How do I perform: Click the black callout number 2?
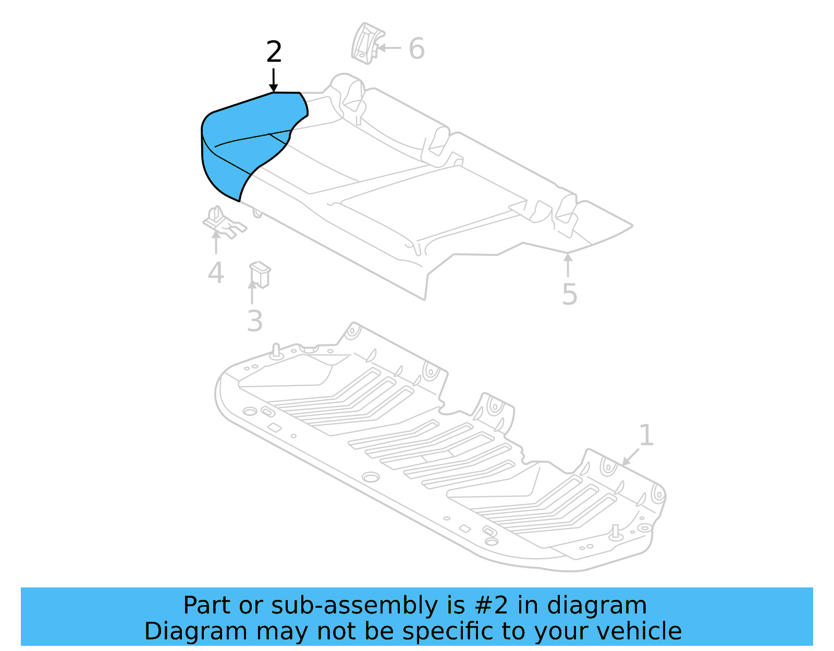click(274, 52)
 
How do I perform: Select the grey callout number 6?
click(416, 48)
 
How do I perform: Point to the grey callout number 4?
click(216, 273)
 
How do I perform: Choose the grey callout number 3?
click(254, 321)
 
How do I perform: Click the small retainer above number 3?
click(260, 274)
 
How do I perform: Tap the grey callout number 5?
click(570, 294)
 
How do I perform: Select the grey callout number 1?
click(646, 435)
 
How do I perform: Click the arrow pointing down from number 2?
click(273, 80)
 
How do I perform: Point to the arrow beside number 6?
click(389, 48)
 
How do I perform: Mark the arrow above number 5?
click(568, 265)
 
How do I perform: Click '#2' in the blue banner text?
click(491, 606)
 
